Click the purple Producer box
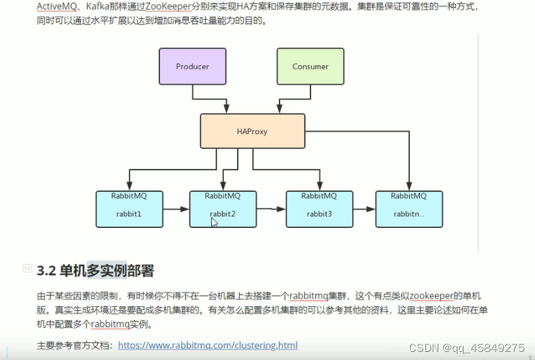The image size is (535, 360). click(192, 67)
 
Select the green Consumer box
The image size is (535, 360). click(310, 67)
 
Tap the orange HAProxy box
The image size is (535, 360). click(252, 131)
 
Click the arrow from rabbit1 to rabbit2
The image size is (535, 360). click(175, 209)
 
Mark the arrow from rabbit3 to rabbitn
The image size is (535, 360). click(363, 209)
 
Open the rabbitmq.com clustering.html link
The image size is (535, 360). click(208, 345)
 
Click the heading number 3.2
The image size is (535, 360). click(46, 271)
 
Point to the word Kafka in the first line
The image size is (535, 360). click(99, 7)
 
